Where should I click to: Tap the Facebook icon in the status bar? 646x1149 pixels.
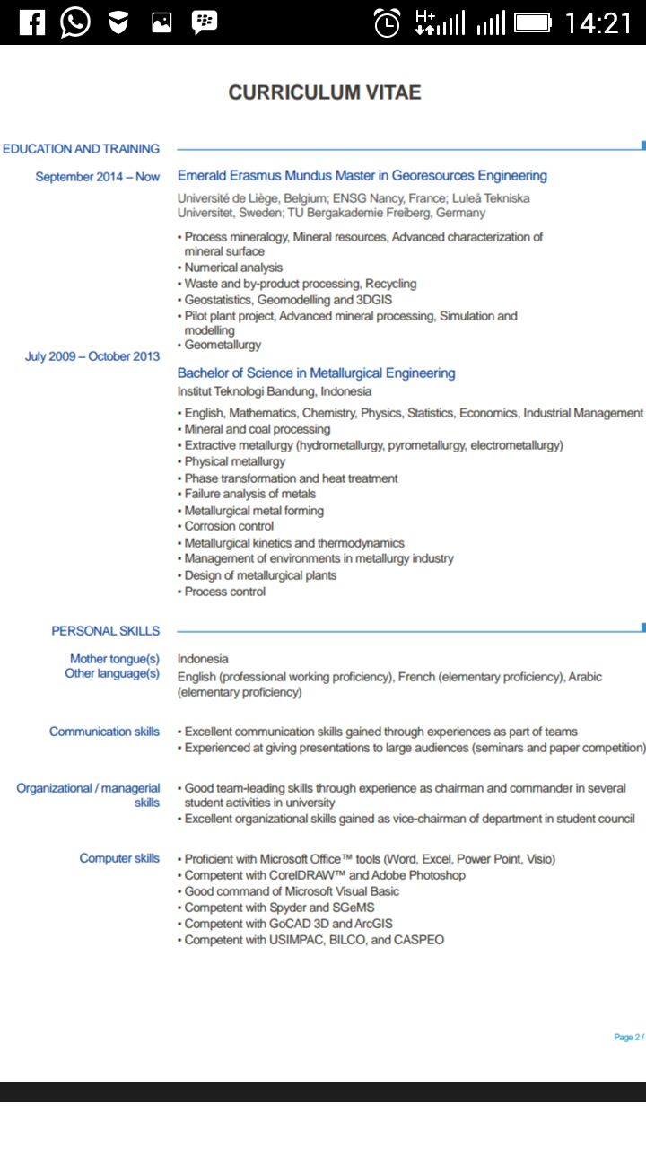click(x=31, y=22)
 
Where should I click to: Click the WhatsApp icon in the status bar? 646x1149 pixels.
click(x=75, y=22)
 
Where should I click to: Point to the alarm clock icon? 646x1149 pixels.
click(x=387, y=22)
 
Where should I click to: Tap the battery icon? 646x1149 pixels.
click(x=533, y=22)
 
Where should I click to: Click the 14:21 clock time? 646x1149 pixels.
click(x=598, y=22)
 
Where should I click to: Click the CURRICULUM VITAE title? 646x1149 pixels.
click(x=325, y=92)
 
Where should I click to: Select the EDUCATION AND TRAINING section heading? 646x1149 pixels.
click(x=82, y=149)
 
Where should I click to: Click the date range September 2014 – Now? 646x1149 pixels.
click(x=98, y=177)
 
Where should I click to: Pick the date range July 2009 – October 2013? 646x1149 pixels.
click(x=92, y=356)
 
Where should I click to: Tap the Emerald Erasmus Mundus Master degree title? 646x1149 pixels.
click(x=362, y=176)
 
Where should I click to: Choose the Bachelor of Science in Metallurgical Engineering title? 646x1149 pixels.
click(x=317, y=373)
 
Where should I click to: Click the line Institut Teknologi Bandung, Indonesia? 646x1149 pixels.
click(x=275, y=391)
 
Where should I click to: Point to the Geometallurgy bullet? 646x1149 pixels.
click(x=223, y=345)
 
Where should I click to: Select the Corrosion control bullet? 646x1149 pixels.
click(x=229, y=526)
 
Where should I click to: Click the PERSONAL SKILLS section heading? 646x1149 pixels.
click(x=106, y=631)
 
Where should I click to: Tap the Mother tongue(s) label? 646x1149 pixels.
click(x=115, y=659)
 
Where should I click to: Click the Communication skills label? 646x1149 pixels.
click(x=105, y=732)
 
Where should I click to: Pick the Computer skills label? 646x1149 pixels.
click(x=119, y=858)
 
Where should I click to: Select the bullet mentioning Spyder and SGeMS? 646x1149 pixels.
click(x=279, y=908)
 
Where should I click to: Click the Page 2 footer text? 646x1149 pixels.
click(x=628, y=1037)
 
